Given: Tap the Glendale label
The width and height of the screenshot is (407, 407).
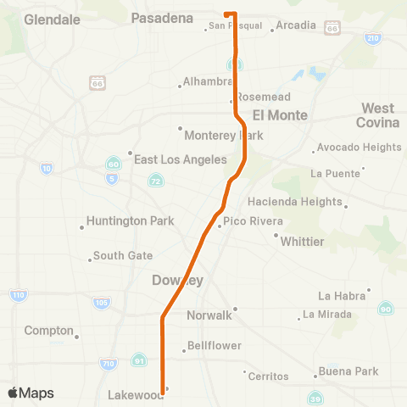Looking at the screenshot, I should tap(53, 18).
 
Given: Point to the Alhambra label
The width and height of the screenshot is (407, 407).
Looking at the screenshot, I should tap(209, 81).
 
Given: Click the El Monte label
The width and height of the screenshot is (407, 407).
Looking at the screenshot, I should tap(273, 114).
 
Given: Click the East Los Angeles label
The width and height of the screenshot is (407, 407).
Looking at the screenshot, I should tap(180, 159).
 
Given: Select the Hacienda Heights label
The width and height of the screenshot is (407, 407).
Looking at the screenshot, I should tap(295, 202).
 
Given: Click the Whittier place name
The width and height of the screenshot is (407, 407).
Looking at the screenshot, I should tap(302, 241).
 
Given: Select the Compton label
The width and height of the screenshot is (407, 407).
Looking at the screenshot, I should tap(49, 330).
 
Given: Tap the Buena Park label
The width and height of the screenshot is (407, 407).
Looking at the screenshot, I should tap(348, 371).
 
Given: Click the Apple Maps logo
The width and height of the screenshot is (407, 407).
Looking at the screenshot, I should tap(31, 393).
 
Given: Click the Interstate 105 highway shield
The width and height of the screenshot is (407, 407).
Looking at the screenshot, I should tap(101, 302).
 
